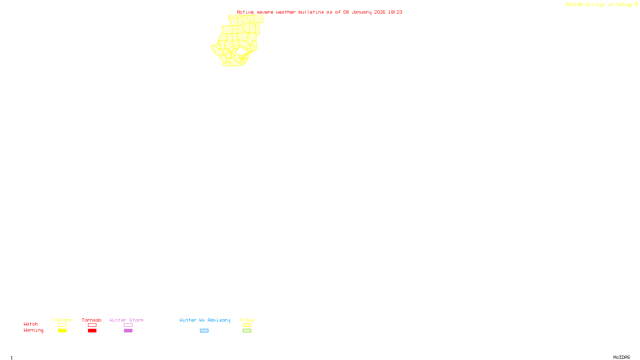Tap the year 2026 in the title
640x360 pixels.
(380, 12)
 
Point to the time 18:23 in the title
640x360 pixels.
(395, 12)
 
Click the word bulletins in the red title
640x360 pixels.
(311, 12)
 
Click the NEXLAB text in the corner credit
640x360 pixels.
(574, 5)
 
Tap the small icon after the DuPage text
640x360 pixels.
(636, 4)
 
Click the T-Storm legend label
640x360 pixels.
(62, 320)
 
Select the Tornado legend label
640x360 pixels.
(92, 320)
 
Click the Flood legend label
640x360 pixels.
(247, 320)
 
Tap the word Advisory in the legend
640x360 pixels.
(219, 320)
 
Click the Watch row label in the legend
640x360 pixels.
(31, 324)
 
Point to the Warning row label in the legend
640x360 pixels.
(33, 330)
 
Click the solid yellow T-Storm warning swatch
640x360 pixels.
(62, 331)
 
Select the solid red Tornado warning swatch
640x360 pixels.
(92, 331)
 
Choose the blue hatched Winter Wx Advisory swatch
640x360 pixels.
(204, 331)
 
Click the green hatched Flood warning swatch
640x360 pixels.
(247, 331)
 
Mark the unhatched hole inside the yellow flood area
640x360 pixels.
(241, 52)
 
